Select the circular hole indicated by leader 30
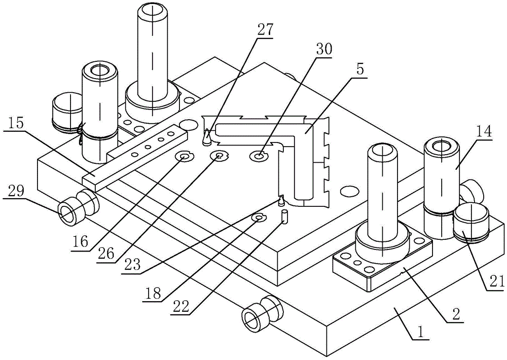259,156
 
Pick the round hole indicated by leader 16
183,157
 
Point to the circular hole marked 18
259,218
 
